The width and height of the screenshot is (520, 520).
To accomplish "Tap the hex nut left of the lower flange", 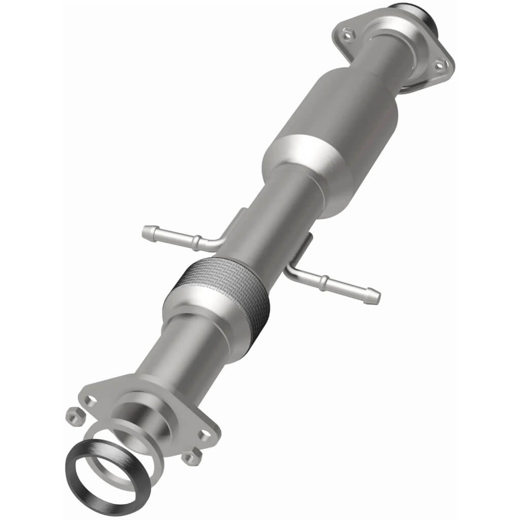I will click(73, 416).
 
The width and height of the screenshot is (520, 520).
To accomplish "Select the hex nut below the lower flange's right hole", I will click(191, 457).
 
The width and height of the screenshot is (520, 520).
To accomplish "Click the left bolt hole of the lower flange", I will click(91, 400).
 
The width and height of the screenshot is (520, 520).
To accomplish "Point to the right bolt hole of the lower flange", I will click(204, 435).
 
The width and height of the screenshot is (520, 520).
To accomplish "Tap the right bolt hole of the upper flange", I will click(440, 65).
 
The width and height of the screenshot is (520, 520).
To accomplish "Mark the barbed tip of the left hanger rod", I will click(148, 233).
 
